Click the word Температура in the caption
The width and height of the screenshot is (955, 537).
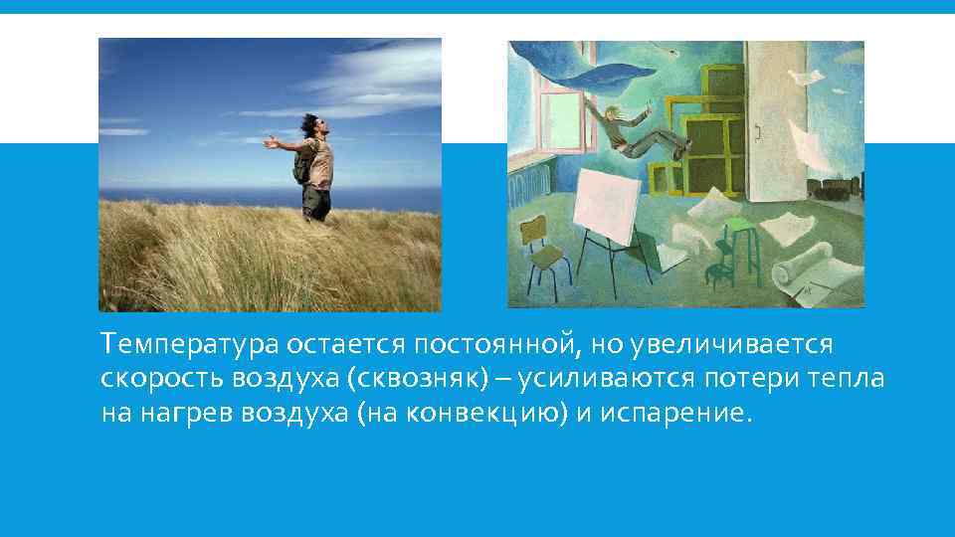tap(189, 344)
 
